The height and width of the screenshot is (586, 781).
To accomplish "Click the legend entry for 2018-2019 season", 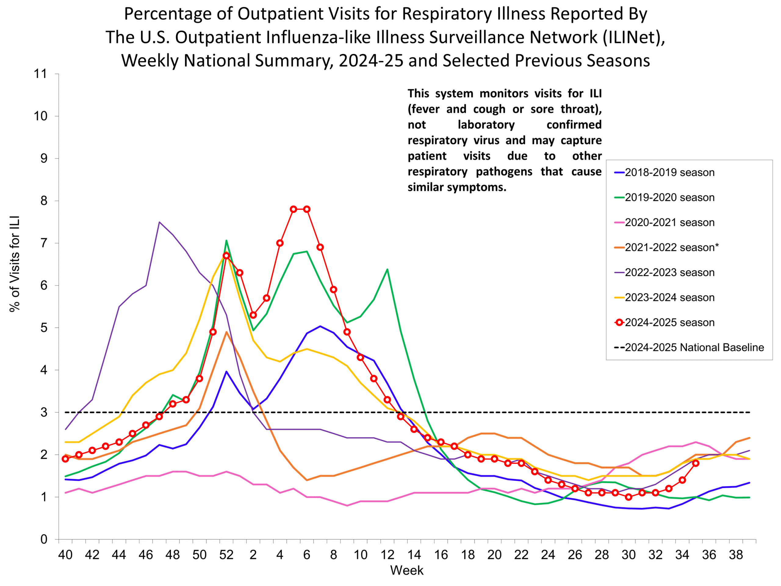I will (669, 172).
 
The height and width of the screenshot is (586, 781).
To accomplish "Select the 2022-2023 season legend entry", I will (669, 272).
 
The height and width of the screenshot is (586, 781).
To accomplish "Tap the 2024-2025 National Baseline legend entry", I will (694, 347).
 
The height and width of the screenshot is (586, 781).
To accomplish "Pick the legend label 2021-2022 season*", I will (671, 247).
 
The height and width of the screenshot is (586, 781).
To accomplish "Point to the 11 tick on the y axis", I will (40, 74).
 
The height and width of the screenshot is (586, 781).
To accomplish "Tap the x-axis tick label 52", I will (226, 555).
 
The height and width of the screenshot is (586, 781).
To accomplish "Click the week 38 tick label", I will (736, 555).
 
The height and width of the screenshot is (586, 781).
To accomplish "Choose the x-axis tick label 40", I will (65, 555).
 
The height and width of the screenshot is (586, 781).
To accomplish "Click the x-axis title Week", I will (406, 570).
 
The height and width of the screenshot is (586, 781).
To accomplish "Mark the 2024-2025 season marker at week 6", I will (307, 209).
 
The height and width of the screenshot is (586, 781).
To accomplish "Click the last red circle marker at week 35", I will (696, 463).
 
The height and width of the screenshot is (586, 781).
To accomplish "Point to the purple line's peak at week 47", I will (159, 222).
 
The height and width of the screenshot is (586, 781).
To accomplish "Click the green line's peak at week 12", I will (387, 269).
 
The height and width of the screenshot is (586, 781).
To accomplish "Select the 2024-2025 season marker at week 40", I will (65, 459).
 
